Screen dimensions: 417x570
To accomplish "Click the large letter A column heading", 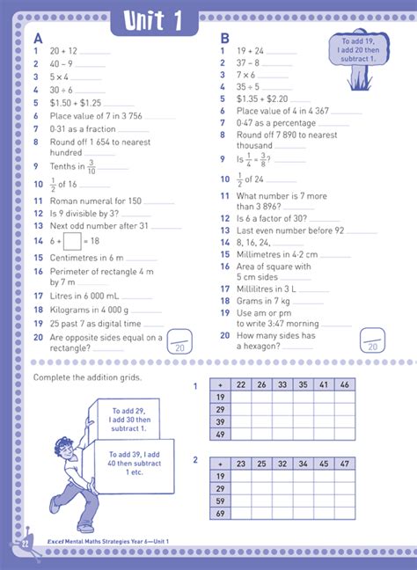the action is coord(38,39).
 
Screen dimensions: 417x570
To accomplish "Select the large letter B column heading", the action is coord(224,39).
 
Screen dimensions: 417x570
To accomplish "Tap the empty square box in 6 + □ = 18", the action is coord(72,240).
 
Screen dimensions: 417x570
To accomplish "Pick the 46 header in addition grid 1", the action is coord(343,384).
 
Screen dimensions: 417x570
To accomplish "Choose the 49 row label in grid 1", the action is coord(220,435).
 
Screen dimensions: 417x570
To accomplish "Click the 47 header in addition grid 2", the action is coord(344,464).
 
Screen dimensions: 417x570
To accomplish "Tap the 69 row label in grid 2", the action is coord(220,513).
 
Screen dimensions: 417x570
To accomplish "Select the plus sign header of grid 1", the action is coord(220,384).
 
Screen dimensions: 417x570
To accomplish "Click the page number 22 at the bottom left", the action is coord(26,544).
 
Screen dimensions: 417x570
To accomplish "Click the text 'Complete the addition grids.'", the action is coord(86,377).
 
